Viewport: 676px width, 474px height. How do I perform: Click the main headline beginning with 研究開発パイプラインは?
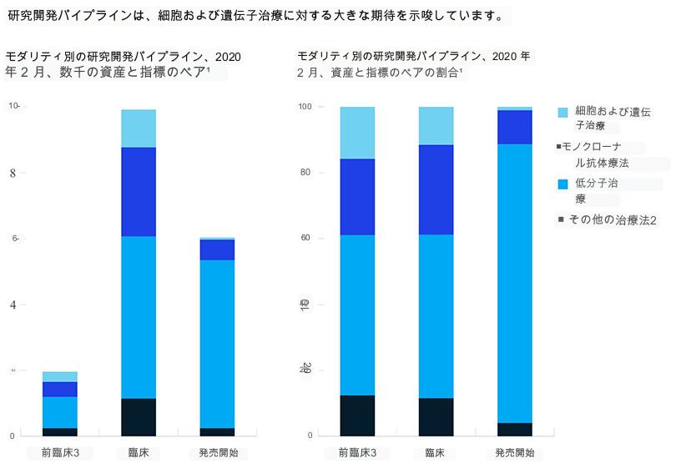pyautogui.click(x=255, y=16)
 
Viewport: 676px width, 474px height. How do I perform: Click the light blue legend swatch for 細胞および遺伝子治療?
pyautogui.click(x=562, y=112)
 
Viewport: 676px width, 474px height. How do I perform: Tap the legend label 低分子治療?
pyautogui.click(x=597, y=191)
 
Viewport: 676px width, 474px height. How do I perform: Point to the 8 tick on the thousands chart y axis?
pyautogui.click(x=13, y=174)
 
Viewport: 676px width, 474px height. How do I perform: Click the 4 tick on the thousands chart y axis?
pyautogui.click(x=13, y=305)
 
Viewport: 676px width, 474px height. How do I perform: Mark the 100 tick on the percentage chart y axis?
pyautogui.click(x=305, y=107)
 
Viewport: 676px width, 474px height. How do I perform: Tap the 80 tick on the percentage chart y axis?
pyautogui.click(x=305, y=173)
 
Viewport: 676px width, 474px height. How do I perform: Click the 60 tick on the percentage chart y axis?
pyautogui.click(x=305, y=238)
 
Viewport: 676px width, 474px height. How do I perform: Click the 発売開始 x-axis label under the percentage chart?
pyautogui.click(x=514, y=453)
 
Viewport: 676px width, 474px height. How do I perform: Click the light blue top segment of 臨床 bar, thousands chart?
pyautogui.click(x=139, y=129)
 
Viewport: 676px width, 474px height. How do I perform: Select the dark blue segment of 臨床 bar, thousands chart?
pyautogui.click(x=139, y=192)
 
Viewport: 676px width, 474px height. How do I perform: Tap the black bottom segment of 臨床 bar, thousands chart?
pyautogui.click(x=139, y=416)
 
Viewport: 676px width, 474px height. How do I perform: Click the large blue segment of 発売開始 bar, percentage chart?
pyautogui.click(x=515, y=284)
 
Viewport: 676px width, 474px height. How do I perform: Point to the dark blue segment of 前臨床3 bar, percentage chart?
pyautogui.click(x=357, y=197)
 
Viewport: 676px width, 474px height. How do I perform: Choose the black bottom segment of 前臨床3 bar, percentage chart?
pyautogui.click(x=357, y=415)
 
